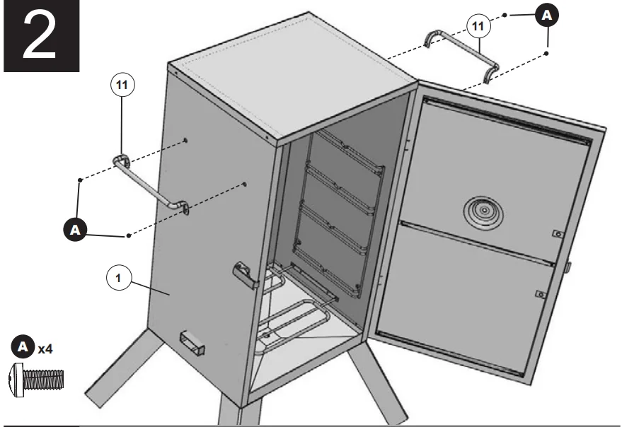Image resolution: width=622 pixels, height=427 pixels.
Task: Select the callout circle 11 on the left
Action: point(122,84)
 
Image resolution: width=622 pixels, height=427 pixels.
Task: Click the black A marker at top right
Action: point(545,14)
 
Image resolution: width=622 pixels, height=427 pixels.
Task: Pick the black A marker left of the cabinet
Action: point(74,229)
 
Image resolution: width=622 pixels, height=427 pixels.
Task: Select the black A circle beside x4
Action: point(23,348)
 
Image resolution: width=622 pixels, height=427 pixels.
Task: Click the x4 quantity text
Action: point(47,349)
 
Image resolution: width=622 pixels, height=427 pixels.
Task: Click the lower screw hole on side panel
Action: point(244,185)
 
